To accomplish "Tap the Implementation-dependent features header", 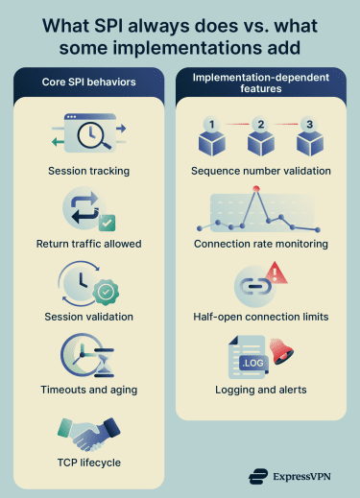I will pos(261,82).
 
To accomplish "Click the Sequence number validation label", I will pos(261,171).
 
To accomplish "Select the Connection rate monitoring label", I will pos(261,244).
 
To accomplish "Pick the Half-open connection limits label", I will pos(261,316).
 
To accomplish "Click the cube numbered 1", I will pos(211,140).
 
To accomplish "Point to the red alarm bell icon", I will pos(282,350).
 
